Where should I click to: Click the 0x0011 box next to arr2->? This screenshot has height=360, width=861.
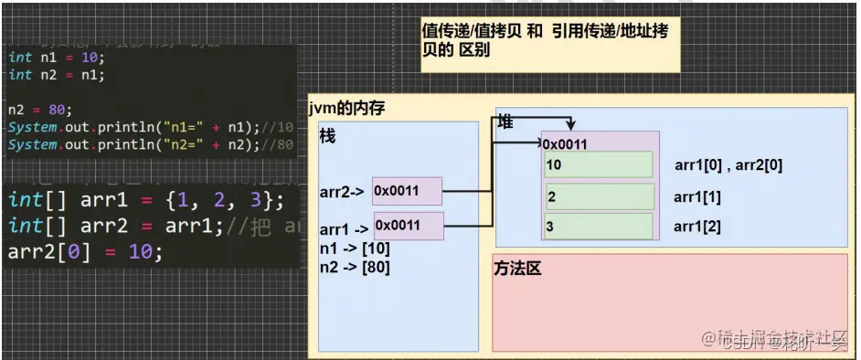pyautogui.click(x=407, y=191)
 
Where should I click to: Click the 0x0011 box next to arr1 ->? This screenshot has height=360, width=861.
pyautogui.click(x=409, y=226)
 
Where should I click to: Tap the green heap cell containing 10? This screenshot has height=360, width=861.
pyautogui.click(x=599, y=165)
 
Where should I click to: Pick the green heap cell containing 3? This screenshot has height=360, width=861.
pyautogui.click(x=599, y=227)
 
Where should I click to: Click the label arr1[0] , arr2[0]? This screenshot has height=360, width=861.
pyautogui.click(x=728, y=165)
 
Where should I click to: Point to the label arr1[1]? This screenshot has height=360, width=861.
pyautogui.click(x=697, y=196)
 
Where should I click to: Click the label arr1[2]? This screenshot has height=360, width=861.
pyautogui.click(x=697, y=227)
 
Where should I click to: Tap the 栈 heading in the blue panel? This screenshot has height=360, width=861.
pyautogui.click(x=327, y=135)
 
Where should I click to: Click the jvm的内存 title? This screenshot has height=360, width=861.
pyautogui.click(x=346, y=107)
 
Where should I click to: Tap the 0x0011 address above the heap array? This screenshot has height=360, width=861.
pyautogui.click(x=564, y=143)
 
